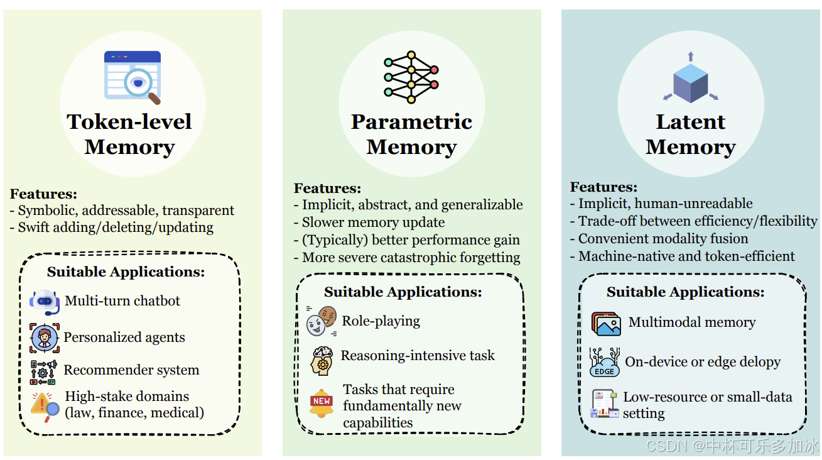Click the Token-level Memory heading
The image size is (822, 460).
click(129, 134)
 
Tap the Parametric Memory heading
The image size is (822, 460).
click(411, 134)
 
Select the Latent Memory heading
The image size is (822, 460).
click(690, 134)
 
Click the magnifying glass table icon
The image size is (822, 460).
click(132, 77)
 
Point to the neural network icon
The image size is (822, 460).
click(411, 77)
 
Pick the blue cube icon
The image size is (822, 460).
click(690, 79)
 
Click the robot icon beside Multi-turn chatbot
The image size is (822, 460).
click(45, 302)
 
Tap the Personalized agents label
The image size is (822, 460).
click(124, 337)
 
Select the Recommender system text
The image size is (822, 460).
click(131, 370)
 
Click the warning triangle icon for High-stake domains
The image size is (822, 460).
click(45, 403)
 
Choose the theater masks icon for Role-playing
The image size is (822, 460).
click(322, 320)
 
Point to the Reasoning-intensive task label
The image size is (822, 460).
click(418, 356)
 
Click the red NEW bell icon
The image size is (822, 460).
click(322, 402)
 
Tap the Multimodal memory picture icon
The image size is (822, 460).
click(606, 324)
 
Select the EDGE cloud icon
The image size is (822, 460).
click(604, 363)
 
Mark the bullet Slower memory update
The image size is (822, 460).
click(373, 222)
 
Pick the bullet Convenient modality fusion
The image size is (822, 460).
click(663, 239)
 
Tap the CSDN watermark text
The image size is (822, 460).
click(732, 446)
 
